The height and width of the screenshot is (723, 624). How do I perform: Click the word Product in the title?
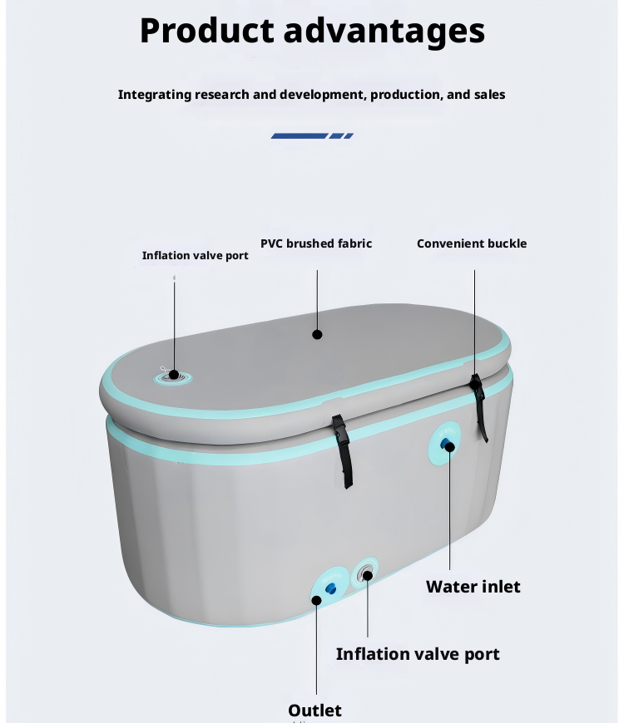click(206, 32)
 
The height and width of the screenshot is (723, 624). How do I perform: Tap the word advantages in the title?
click(384, 32)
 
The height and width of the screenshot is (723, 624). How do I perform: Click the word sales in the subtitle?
click(489, 95)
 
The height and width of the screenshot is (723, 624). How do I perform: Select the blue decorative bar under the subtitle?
click(312, 135)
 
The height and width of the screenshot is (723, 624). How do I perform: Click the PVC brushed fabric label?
click(316, 243)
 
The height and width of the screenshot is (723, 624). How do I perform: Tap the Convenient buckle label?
click(472, 243)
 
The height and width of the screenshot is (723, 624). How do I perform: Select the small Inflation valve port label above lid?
click(195, 255)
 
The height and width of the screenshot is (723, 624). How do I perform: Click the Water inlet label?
click(473, 587)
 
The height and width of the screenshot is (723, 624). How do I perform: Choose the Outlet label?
click(314, 711)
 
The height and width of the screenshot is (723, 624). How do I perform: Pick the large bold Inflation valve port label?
click(418, 654)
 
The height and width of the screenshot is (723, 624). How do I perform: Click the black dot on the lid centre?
click(317, 334)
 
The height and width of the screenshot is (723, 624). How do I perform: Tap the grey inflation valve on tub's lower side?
click(366, 573)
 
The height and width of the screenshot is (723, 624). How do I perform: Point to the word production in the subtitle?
click(406, 95)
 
